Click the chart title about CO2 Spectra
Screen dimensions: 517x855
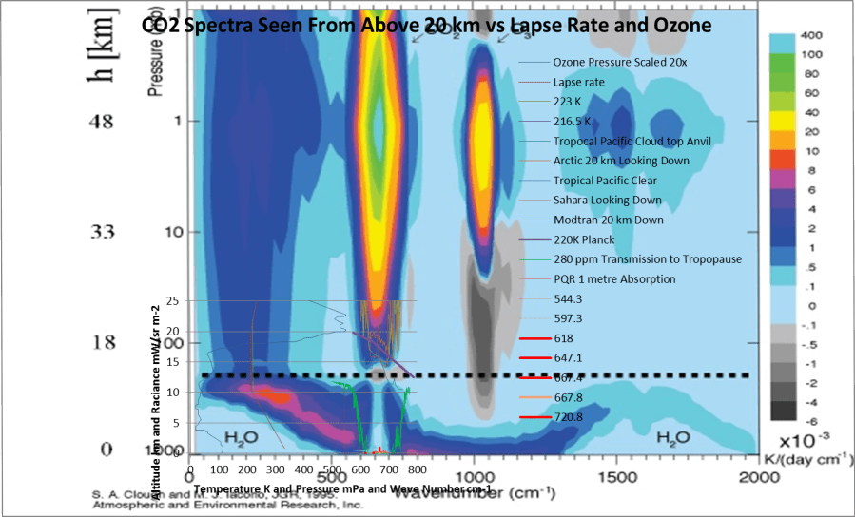click(426, 26)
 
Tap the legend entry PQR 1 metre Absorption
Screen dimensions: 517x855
click(613, 278)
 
